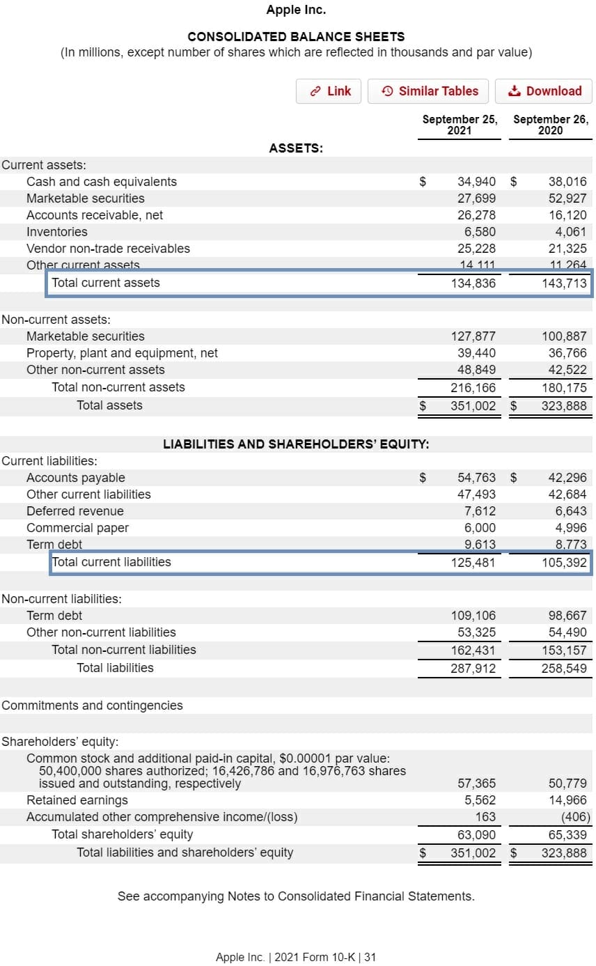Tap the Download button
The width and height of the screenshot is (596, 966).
tap(544, 91)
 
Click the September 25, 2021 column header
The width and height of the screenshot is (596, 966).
tap(460, 125)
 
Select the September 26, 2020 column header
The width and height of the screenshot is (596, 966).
tap(550, 125)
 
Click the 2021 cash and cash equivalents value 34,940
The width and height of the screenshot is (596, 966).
tap(476, 182)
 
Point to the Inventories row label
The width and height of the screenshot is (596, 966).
tap(57, 232)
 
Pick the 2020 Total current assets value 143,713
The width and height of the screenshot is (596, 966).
tap(564, 283)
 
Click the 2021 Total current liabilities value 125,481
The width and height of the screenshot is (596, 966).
tap(473, 562)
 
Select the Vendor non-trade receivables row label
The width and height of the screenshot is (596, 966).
tap(108, 249)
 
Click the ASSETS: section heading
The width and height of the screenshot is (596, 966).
tap(296, 148)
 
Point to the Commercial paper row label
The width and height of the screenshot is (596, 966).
tap(77, 528)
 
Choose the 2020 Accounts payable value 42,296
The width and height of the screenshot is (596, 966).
tap(567, 478)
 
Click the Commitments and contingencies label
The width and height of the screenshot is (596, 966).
tap(92, 706)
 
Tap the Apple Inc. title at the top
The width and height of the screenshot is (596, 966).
tap(296, 10)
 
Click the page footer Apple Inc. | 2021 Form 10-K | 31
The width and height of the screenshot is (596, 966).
tap(296, 957)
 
